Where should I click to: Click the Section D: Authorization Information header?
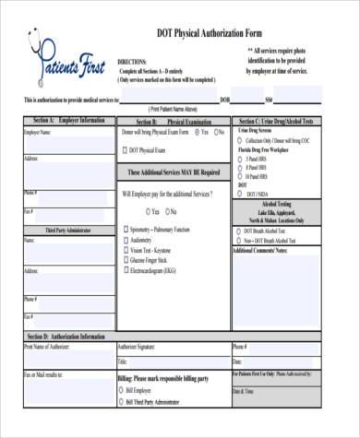coord(66,337)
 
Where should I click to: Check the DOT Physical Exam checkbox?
coord(125,148)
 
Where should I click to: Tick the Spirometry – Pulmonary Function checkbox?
coord(125,229)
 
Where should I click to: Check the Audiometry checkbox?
coord(125,239)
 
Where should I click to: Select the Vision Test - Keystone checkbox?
coord(125,250)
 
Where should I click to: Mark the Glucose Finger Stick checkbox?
coord(125,260)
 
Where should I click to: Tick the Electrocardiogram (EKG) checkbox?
coord(125,270)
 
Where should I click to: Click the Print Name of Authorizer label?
coord(52,348)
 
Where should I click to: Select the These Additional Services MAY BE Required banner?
coord(173,172)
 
